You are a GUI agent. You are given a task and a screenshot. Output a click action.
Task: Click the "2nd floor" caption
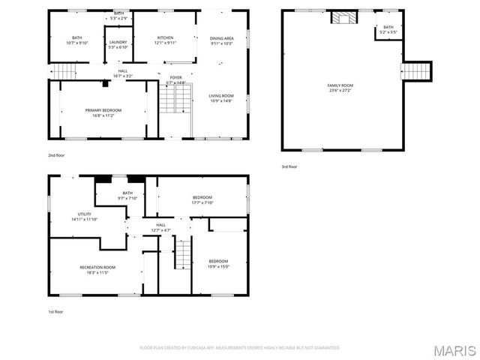pyautogui.click(x=56, y=156)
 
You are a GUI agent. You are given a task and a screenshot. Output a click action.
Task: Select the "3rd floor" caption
pyautogui.click(x=289, y=166)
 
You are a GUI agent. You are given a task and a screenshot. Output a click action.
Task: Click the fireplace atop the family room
pyautogui.click(x=345, y=17)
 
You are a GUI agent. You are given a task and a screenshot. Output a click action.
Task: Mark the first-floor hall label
pyautogui.click(x=160, y=226)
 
